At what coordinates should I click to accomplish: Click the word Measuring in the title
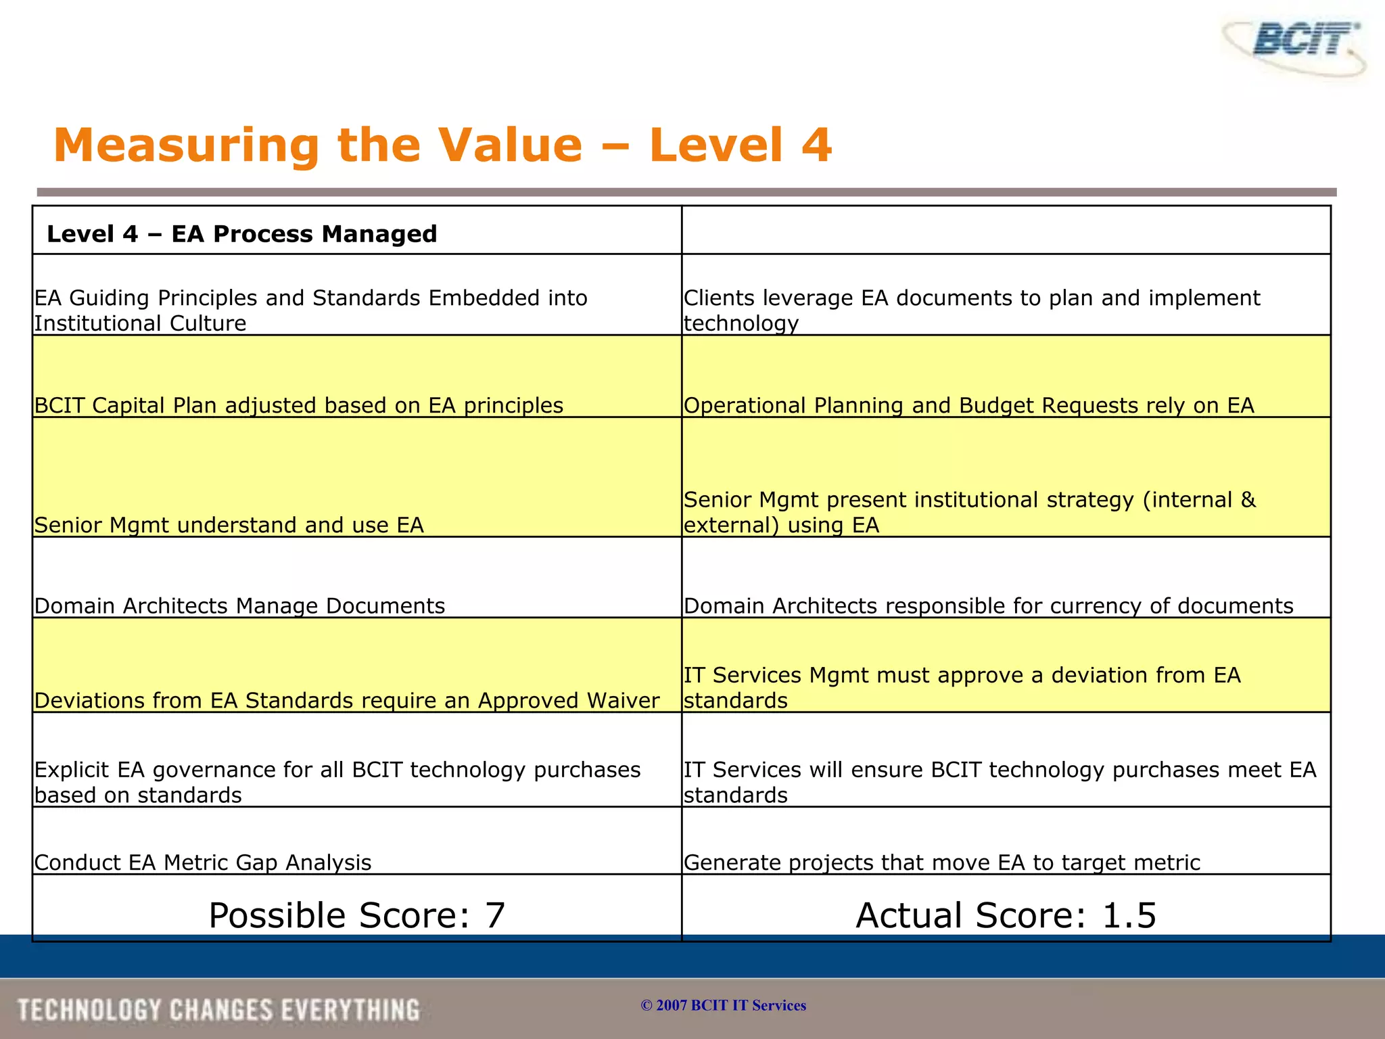click(185, 145)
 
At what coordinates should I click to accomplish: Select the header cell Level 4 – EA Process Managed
click(241, 234)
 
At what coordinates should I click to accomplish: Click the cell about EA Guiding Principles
click(310, 310)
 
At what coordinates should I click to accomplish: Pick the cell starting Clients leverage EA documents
click(971, 310)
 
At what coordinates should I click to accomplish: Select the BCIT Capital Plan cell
click(298, 405)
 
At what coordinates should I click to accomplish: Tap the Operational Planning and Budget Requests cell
click(968, 405)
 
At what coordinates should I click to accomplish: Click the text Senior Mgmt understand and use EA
click(229, 525)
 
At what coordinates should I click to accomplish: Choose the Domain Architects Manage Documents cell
click(239, 605)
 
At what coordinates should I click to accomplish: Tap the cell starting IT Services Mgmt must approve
click(962, 687)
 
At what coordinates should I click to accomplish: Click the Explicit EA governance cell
click(337, 782)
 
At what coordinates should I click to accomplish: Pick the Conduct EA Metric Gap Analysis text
click(203, 862)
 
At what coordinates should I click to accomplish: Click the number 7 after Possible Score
click(495, 915)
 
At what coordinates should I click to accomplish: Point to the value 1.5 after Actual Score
click(1129, 915)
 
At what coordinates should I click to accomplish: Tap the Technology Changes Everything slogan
click(218, 1010)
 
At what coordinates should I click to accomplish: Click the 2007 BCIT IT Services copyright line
click(723, 1005)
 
